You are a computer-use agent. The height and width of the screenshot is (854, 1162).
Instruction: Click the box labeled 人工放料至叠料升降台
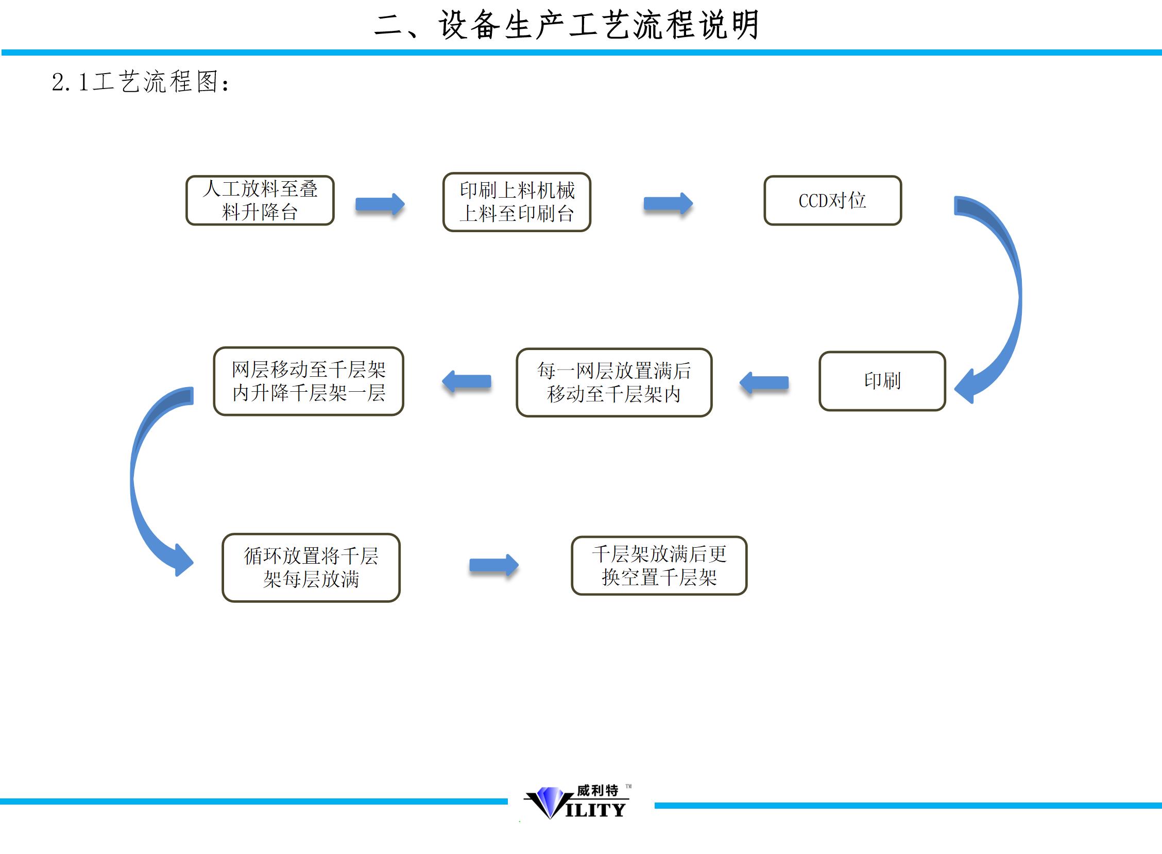click(x=260, y=201)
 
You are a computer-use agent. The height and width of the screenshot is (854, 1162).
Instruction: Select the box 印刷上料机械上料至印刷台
click(x=517, y=202)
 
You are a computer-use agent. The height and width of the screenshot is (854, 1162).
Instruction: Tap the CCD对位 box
click(x=832, y=201)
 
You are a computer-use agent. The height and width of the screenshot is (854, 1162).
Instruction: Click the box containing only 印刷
click(x=882, y=381)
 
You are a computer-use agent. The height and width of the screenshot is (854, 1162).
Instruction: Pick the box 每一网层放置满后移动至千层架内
click(x=614, y=382)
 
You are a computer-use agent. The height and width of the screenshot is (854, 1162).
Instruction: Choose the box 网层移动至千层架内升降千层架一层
click(x=308, y=381)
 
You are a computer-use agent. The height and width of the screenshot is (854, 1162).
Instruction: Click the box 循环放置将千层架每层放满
click(x=311, y=568)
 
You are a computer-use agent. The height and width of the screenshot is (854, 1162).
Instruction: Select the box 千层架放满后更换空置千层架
click(x=659, y=566)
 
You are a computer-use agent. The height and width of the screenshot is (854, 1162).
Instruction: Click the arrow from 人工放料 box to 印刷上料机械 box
click(x=380, y=205)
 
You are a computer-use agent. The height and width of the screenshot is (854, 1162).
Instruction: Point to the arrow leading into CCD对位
click(x=668, y=204)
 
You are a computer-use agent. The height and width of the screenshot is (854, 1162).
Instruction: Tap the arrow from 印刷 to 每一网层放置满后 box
click(x=764, y=383)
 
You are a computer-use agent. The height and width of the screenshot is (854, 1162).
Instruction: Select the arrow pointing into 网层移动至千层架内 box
click(x=467, y=382)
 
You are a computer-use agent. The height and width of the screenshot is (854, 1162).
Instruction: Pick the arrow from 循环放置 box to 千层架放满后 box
click(x=493, y=565)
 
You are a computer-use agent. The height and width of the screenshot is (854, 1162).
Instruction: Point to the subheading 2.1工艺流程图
click(x=140, y=82)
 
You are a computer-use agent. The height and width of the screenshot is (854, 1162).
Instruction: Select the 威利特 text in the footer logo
click(x=597, y=790)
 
